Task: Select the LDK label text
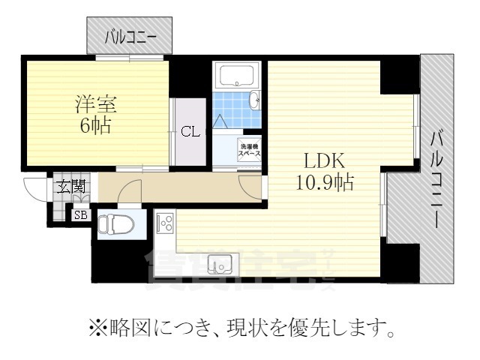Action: click(x=323, y=160)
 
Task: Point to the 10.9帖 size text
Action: click(x=323, y=181)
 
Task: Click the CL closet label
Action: click(x=190, y=132)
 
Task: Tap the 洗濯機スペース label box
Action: click(x=249, y=148)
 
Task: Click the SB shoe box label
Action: click(x=79, y=215)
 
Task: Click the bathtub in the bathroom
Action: click(x=237, y=76)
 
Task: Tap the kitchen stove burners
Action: click(x=165, y=222)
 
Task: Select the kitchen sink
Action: click(x=220, y=263)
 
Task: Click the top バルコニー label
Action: click(x=131, y=34)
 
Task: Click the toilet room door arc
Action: click(x=130, y=193)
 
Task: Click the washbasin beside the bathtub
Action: click(x=253, y=100)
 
